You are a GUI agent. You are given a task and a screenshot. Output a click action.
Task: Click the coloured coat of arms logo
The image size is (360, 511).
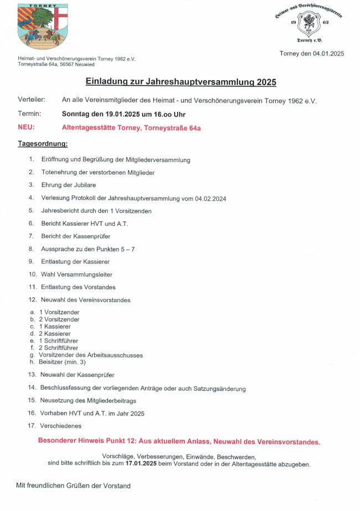42,27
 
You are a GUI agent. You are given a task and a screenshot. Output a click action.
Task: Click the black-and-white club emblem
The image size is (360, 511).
308,24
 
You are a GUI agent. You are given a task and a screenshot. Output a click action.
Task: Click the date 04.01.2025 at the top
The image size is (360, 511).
328,54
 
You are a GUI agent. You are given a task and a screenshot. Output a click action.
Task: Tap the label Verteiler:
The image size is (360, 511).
32,100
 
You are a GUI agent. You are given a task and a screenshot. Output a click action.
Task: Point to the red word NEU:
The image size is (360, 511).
26,127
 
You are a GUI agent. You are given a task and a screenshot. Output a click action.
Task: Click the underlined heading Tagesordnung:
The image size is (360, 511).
43,144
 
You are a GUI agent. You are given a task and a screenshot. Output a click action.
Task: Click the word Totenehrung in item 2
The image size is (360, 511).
59,172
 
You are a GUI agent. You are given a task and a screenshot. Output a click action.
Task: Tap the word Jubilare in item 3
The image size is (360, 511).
84,185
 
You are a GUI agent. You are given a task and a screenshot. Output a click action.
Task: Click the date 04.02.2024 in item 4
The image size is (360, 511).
210,198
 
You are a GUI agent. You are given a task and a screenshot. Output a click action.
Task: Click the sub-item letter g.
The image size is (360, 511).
33,355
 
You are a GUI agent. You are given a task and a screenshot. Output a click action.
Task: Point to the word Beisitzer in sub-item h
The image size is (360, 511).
52,362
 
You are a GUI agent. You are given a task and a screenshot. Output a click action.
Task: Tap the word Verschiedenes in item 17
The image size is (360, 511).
60,426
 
